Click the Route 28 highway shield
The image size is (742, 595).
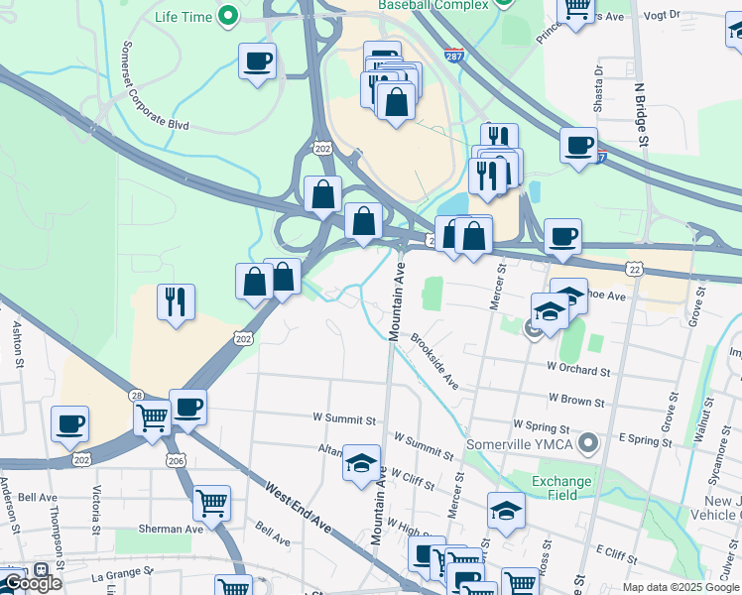click(137, 395)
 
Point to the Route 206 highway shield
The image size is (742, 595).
click(176, 459)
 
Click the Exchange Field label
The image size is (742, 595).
click(560, 489)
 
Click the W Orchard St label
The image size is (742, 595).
click(577, 370)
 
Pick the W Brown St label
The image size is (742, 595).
click(572, 402)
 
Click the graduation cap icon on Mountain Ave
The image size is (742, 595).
click(361, 462)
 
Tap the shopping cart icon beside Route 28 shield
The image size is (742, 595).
click(152, 416)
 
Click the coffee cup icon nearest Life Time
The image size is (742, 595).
click(257, 61)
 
